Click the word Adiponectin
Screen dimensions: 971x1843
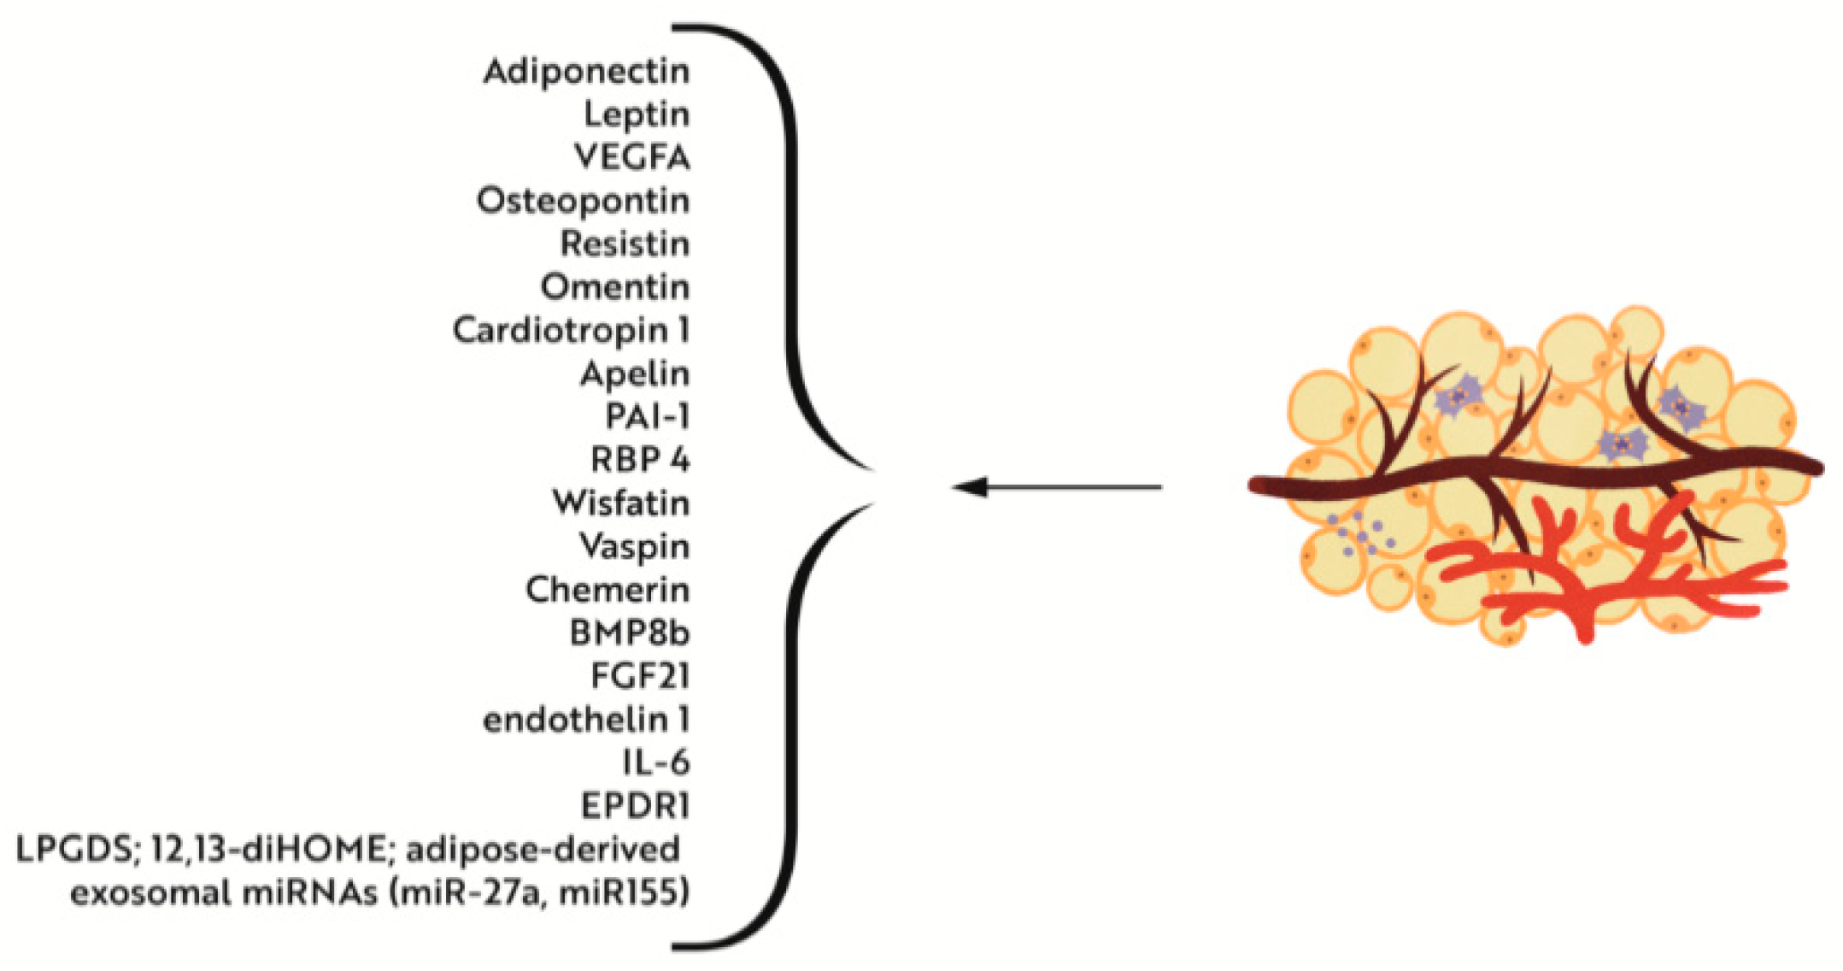pyautogui.click(x=586, y=72)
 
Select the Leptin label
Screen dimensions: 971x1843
pyautogui.click(x=637, y=115)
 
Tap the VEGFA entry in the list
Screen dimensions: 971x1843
pyautogui.click(x=631, y=157)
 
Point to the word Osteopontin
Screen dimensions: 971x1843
pyautogui.click(x=583, y=202)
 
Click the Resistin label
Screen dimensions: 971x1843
pyautogui.click(x=625, y=244)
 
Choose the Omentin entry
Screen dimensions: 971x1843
pyautogui.click(x=614, y=287)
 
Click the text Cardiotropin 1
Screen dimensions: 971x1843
pyautogui.click(x=571, y=331)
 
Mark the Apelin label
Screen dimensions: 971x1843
pyautogui.click(x=634, y=374)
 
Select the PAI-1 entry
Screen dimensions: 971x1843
pyautogui.click(x=647, y=417)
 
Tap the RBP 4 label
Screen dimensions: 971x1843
pyautogui.click(x=640, y=461)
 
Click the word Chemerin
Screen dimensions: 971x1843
pyautogui.click(x=607, y=590)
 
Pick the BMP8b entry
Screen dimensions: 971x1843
pyautogui.click(x=629, y=633)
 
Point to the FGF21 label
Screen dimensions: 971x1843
pyautogui.click(x=640, y=677)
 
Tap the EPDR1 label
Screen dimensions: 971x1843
pyautogui.click(x=635, y=806)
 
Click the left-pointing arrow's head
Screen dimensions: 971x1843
pyautogui.click(x=970, y=487)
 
